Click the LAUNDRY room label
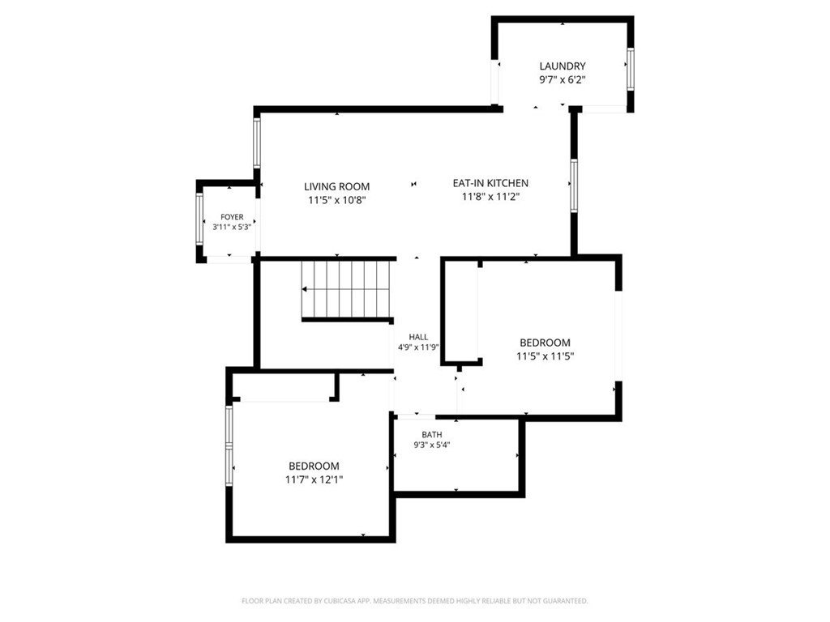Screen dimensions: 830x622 (x=563, y=66)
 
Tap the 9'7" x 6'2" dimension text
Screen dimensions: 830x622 (x=563, y=80)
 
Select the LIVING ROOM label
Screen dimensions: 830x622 (x=336, y=187)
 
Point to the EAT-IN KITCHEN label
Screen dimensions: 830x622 (x=490, y=183)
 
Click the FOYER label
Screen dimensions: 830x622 (x=232, y=217)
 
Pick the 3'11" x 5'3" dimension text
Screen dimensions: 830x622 (x=231, y=227)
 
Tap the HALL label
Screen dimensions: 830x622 (x=418, y=337)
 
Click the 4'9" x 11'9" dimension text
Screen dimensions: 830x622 (x=418, y=347)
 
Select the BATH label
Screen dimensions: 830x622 (x=432, y=435)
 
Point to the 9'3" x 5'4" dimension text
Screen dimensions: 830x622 (x=432, y=445)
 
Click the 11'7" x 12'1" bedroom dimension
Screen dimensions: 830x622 (x=314, y=479)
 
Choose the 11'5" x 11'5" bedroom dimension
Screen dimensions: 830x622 (x=545, y=356)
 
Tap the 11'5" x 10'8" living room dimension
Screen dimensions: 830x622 (x=337, y=201)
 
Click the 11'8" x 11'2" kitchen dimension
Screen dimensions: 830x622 (x=490, y=197)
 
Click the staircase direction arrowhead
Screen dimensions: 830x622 (x=305, y=289)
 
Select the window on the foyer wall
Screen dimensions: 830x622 (x=199, y=219)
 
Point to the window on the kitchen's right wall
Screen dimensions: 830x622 (x=574, y=185)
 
